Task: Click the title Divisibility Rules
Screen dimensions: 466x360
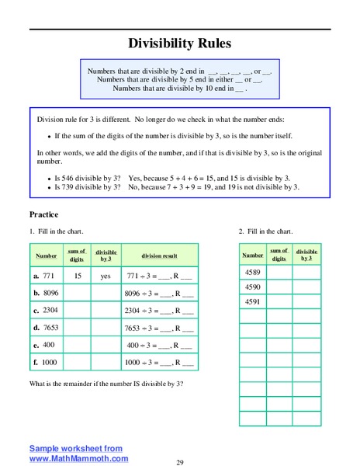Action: [179, 44]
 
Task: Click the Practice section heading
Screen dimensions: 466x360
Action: [44, 214]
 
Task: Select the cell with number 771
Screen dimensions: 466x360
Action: [46, 276]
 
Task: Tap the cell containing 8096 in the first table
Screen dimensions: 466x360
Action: [46, 294]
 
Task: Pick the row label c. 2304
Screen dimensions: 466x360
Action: [46, 311]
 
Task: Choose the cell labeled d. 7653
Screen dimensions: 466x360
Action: [46, 328]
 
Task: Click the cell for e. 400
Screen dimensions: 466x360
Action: [46, 345]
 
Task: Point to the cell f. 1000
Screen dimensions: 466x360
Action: [46, 362]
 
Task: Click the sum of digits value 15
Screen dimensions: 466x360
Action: [78, 276]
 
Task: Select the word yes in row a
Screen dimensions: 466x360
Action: [106, 276]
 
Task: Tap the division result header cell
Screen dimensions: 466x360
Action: [159, 256]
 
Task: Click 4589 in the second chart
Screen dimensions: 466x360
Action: [253, 273]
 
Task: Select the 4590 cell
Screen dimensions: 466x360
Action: [253, 287]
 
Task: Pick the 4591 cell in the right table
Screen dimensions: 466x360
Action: [253, 302]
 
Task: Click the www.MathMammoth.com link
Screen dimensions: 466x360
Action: [79, 458]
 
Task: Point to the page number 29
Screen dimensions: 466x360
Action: [180, 462]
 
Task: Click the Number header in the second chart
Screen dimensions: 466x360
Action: [253, 255]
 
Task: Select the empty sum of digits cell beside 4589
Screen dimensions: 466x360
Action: [280, 273]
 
